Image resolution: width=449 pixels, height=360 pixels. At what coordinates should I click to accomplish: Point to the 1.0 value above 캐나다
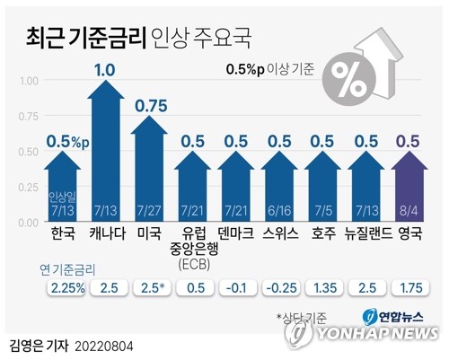pos(105,69)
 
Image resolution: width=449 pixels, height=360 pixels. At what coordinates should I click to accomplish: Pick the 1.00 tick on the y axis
pos(29,80)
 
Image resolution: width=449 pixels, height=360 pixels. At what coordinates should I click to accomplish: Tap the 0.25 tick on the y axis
pos(29,186)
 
